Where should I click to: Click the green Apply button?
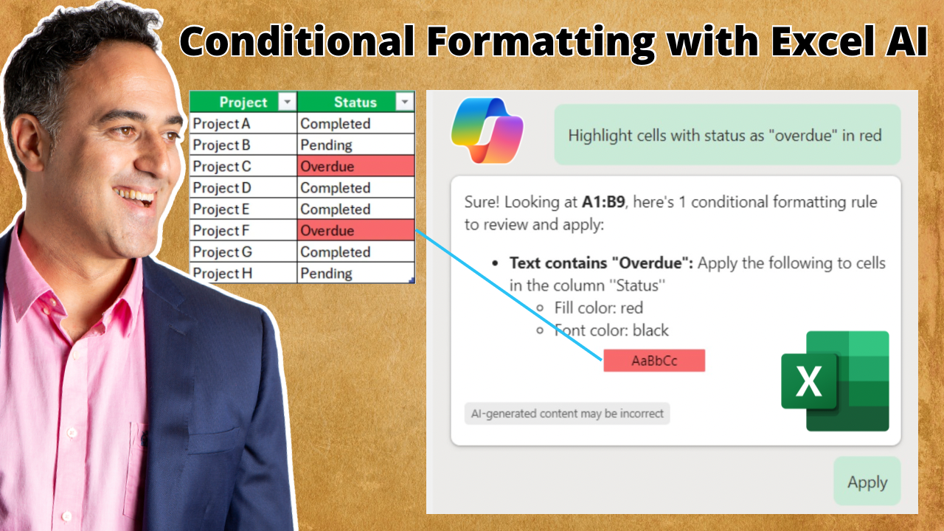pyautogui.click(x=867, y=482)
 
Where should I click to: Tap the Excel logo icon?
pyautogui.click(x=835, y=381)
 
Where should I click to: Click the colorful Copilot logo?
pyautogui.click(x=487, y=131)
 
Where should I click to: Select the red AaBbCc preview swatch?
pyautogui.click(x=654, y=361)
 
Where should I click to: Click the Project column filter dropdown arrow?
pyautogui.click(x=288, y=102)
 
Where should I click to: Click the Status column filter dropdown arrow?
pyautogui.click(x=405, y=102)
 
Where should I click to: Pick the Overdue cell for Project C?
pyautogui.click(x=356, y=166)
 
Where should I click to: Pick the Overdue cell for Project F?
pyautogui.click(x=356, y=230)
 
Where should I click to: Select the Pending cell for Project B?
pyautogui.click(x=356, y=145)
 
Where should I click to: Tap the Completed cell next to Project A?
pyautogui.click(x=356, y=123)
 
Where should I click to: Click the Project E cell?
pyautogui.click(x=243, y=209)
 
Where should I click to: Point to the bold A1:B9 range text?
pyautogui.click(x=603, y=202)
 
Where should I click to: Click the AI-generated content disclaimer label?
pyautogui.click(x=567, y=414)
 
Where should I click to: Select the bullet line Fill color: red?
pyautogui.click(x=590, y=308)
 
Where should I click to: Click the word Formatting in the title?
pyautogui.click(x=541, y=43)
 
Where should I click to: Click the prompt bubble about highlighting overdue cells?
pyautogui.click(x=727, y=135)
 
